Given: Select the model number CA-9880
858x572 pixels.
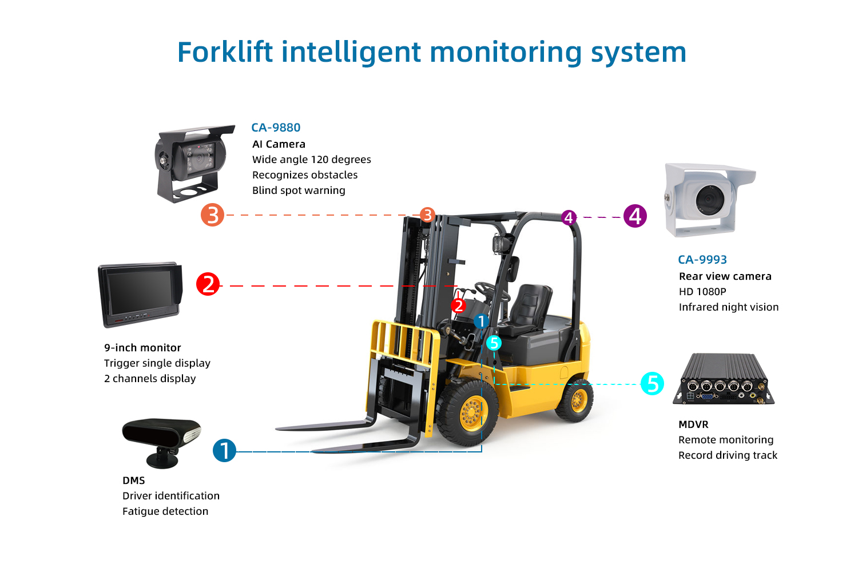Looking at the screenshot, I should (x=276, y=128).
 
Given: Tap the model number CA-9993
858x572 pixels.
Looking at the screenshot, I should (x=702, y=260).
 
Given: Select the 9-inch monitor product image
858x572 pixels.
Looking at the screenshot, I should (x=140, y=295).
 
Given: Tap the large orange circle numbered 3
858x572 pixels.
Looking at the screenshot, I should (x=212, y=215).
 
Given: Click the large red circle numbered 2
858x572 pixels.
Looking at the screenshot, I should (x=208, y=284).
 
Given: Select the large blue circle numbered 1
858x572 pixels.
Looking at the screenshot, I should (x=224, y=450).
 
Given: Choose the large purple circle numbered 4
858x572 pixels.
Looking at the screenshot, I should (x=635, y=216).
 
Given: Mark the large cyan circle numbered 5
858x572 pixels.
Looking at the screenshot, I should (x=652, y=383).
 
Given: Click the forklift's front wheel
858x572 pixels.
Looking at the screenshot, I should (x=469, y=412).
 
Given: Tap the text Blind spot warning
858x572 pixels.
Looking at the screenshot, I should (x=299, y=190).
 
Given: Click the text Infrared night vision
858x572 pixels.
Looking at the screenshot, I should (x=728, y=307).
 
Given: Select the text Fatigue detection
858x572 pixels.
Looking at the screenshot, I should (x=165, y=511).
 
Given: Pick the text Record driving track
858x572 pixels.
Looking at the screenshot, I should (x=728, y=455).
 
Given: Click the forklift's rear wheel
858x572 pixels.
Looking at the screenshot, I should (x=575, y=400).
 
